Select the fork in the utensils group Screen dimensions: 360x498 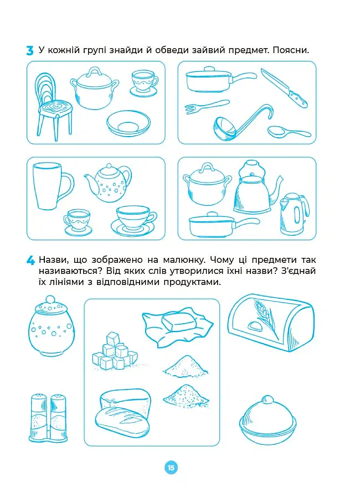[207, 106]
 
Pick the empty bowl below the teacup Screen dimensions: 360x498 [128, 123]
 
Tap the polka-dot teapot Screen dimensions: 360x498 [108, 183]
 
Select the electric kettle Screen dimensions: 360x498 [294, 214]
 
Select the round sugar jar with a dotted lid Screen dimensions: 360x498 [51, 325]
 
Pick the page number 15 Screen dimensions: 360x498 [171, 468]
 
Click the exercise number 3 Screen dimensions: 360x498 [29, 50]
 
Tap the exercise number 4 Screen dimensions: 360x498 [30, 261]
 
